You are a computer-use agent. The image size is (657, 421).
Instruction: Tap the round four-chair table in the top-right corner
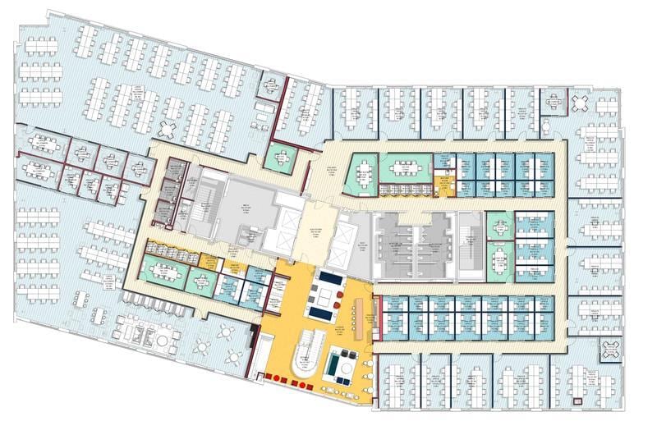pyautogui.click(x=581, y=103)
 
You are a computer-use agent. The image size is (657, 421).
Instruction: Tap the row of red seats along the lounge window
pyautogui.click(x=287, y=378)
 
